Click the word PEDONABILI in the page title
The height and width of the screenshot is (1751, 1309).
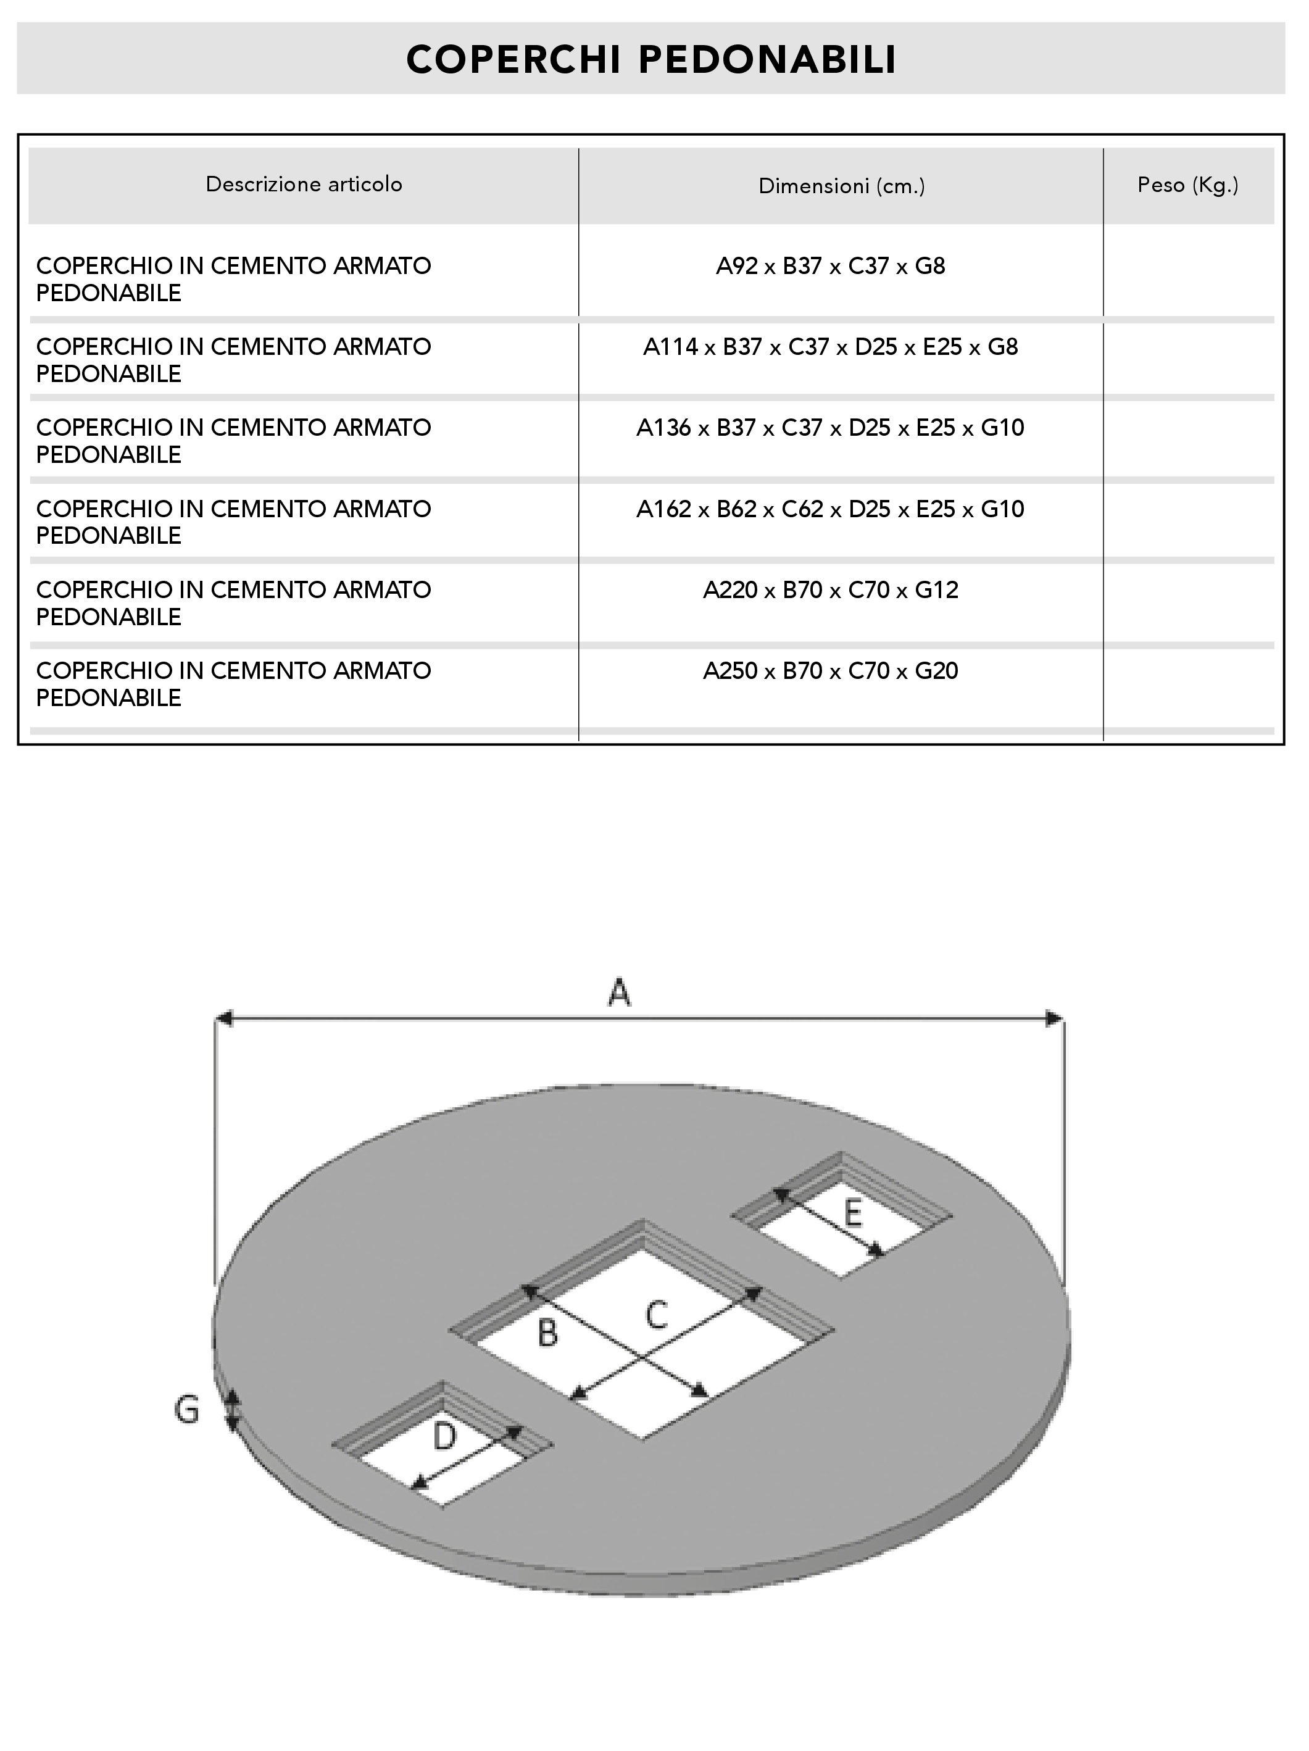tap(767, 59)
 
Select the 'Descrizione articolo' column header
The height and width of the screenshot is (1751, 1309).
tap(304, 185)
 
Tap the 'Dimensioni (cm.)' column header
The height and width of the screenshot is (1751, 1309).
tap(841, 186)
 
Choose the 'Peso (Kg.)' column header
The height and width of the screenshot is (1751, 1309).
tap(1188, 185)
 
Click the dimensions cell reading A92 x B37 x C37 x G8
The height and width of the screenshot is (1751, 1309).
tap(830, 266)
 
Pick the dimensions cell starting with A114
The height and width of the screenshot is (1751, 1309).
tap(830, 347)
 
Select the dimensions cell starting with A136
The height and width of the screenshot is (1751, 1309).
tap(830, 428)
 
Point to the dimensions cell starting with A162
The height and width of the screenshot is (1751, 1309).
tap(830, 509)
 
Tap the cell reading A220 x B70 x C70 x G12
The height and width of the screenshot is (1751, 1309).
tap(830, 589)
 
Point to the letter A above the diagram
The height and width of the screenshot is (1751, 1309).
tap(619, 992)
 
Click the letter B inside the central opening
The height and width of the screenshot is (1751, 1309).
tap(547, 1333)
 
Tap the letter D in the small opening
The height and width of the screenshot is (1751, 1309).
tap(445, 1436)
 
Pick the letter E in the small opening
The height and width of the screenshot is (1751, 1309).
tap(852, 1213)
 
